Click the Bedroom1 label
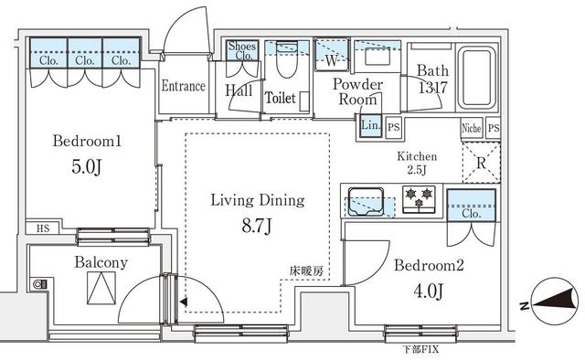(87, 141)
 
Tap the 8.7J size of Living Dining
(257, 226)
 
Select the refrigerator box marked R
(482, 163)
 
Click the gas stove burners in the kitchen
(419, 198)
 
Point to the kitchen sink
(366, 202)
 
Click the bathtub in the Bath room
(476, 78)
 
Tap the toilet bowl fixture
(286, 59)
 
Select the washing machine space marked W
(332, 54)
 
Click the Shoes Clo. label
(242, 51)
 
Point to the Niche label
(472, 128)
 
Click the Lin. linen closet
(370, 125)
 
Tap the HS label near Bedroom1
(43, 228)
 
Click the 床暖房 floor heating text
(306, 271)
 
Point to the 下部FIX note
(420, 350)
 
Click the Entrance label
(183, 86)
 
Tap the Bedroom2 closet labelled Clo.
(472, 206)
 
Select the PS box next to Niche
(494, 128)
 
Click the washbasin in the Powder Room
(378, 57)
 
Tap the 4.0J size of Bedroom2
(429, 291)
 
